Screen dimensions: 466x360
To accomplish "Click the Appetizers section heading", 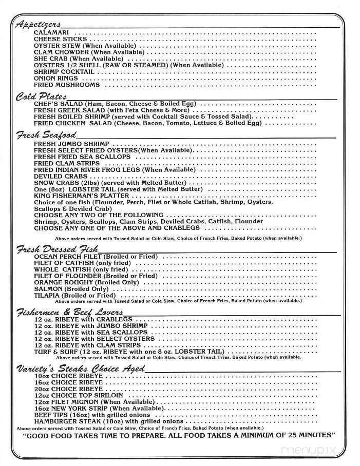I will coord(39,24).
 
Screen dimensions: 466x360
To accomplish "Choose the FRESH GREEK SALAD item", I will coord(111,110).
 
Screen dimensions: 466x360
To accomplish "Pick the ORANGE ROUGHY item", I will coord(87,283).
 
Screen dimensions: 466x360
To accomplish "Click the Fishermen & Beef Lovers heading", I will coord(69,312).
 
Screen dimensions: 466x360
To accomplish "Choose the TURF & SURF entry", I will coord(128,352).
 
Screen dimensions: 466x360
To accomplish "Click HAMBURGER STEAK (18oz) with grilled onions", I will coord(108,421).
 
